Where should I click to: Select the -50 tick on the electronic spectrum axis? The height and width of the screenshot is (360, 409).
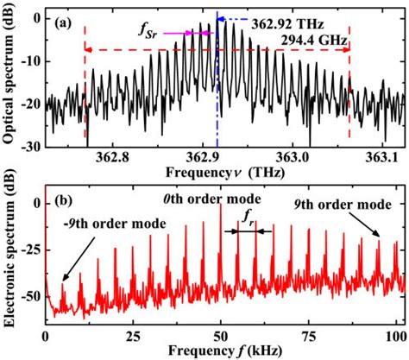coord(28,295)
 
